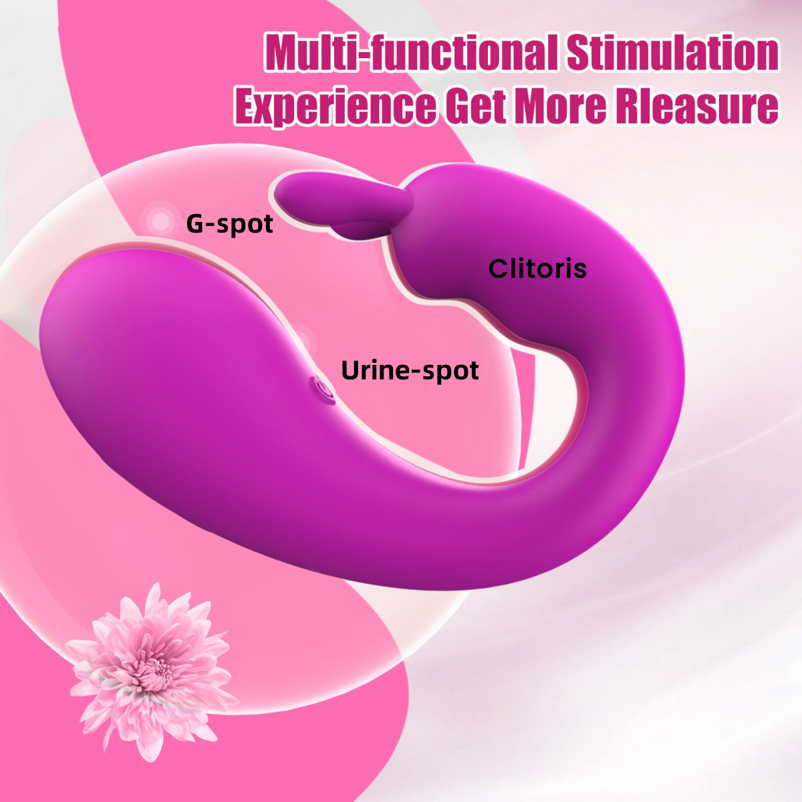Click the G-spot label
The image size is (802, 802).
pos(229,223)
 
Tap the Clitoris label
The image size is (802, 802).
pos(537,269)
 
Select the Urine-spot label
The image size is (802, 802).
pos(410,370)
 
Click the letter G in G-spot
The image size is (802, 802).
pos(195,223)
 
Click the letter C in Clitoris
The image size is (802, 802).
pos(498,269)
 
